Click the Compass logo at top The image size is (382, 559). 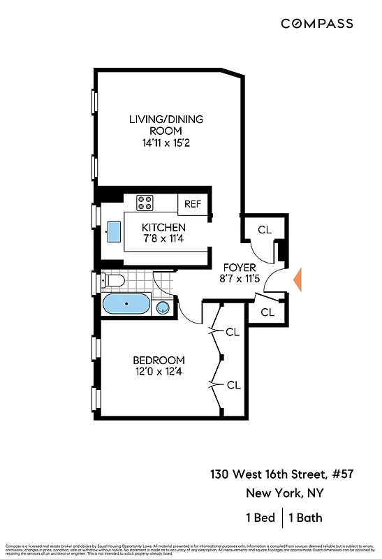[316, 24]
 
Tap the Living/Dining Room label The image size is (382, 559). [166, 124]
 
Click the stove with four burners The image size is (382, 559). [145, 203]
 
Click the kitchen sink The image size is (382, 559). [113, 231]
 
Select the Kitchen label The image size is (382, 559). [163, 228]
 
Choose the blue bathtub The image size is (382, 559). [125, 305]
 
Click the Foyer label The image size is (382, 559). [239, 268]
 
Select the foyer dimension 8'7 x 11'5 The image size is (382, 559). [239, 279]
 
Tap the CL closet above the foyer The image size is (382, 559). [264, 229]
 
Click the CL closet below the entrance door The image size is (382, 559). [267, 312]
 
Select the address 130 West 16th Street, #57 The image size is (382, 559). [281, 474]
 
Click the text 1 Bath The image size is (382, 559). [306, 518]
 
